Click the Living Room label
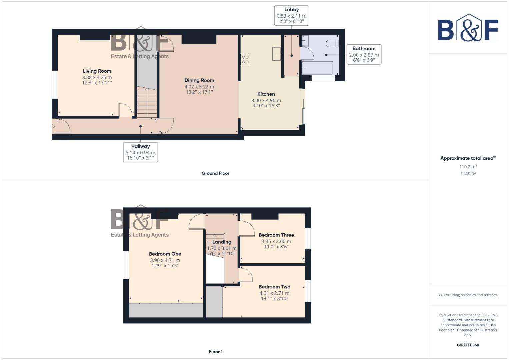pyautogui.click(x=97, y=71)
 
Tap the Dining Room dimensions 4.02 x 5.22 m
pyautogui.click(x=199, y=87)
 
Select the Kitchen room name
pyautogui.click(x=266, y=94)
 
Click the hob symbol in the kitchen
pyautogui.click(x=245, y=60)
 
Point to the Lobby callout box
pyautogui.click(x=291, y=15)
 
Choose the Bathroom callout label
pyautogui.click(x=364, y=49)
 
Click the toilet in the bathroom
pyautogui.click(x=332, y=43)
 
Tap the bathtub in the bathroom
pyautogui.click(x=317, y=68)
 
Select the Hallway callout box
pyautogui.click(x=140, y=152)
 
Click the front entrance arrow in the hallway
pyautogui.click(x=53, y=126)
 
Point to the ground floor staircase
pyautogui.click(x=147, y=102)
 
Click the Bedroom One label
pyautogui.click(x=165, y=254)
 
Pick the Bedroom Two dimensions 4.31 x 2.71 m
pyautogui.click(x=274, y=293)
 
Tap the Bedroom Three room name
pyautogui.click(x=276, y=235)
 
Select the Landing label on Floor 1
pyautogui.click(x=222, y=242)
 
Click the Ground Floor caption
pyautogui.click(x=216, y=173)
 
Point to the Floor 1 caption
pyautogui.click(x=216, y=352)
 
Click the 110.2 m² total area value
pyautogui.click(x=468, y=167)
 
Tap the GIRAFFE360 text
pyautogui.click(x=468, y=345)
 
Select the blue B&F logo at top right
pyautogui.click(x=468, y=28)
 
